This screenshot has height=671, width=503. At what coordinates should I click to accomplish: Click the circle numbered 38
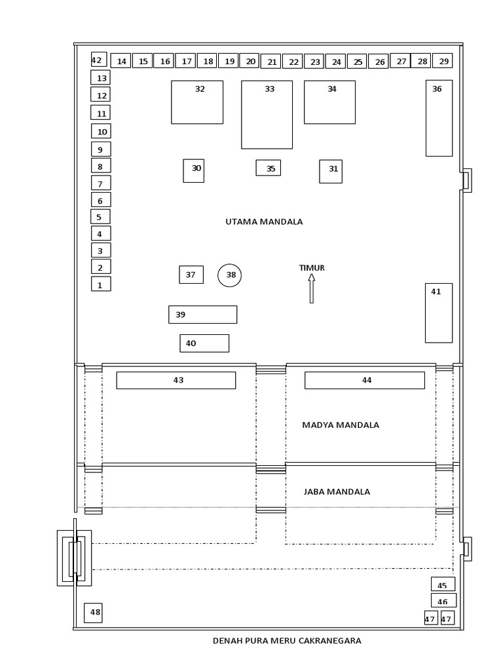point(230,276)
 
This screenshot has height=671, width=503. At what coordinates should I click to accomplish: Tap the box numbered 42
point(98,60)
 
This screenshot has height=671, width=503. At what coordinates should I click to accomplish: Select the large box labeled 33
point(267,115)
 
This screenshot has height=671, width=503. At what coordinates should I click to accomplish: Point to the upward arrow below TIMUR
point(312,288)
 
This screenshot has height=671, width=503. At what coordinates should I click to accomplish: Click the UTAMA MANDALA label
point(264,221)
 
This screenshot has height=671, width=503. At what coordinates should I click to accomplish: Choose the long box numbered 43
point(176,380)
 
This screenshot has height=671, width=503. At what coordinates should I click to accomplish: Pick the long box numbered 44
point(364,380)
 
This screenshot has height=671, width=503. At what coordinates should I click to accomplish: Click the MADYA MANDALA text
point(341,425)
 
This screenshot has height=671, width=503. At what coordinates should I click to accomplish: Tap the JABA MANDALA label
point(337,491)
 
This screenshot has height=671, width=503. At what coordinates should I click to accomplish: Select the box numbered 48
point(93,613)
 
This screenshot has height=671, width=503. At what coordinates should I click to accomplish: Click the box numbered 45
point(443,585)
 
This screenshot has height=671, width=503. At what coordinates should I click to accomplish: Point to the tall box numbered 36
point(439,118)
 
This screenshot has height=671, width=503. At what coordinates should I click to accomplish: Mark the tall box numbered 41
point(439,313)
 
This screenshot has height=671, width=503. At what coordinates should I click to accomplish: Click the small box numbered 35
point(268,168)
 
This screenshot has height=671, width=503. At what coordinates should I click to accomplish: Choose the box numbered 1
point(101,284)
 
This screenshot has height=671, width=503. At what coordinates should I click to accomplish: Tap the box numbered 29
point(443,61)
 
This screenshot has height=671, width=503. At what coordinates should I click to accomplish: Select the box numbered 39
point(202,315)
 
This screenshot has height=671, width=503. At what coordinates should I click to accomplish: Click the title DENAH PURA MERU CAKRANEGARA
point(287,641)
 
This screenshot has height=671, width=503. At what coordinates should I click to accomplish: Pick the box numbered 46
point(443,601)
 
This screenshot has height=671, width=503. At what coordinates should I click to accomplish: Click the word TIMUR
point(312,267)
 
